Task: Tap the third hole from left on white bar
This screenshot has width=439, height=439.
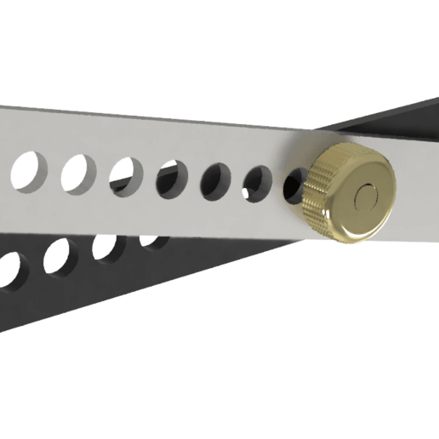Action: click(126, 175)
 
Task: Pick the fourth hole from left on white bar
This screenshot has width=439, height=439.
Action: click(172, 179)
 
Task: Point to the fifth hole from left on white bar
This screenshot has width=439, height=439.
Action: click(216, 180)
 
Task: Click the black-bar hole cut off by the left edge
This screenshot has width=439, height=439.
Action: click(10, 267)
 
